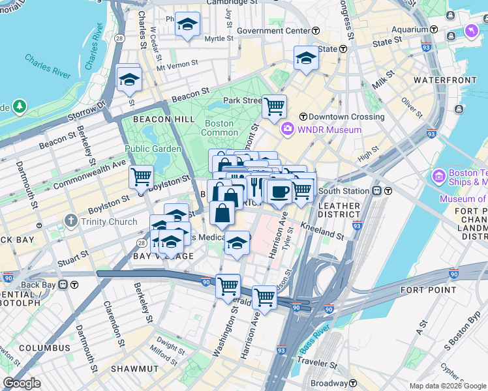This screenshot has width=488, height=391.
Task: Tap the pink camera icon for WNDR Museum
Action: pos(287,130)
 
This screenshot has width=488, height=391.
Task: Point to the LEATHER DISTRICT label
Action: pos(339,211)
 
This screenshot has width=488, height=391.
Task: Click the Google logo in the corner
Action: pos(22,383)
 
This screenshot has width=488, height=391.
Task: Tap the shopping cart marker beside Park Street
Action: pos(275,105)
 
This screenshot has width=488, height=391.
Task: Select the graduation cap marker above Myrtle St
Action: pos(188,24)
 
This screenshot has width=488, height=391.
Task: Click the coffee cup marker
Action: pos(280,192)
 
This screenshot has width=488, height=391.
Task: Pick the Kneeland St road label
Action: pos(322,230)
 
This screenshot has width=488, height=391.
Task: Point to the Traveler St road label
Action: pos(334,365)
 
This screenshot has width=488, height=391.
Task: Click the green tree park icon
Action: pos(20,106)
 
